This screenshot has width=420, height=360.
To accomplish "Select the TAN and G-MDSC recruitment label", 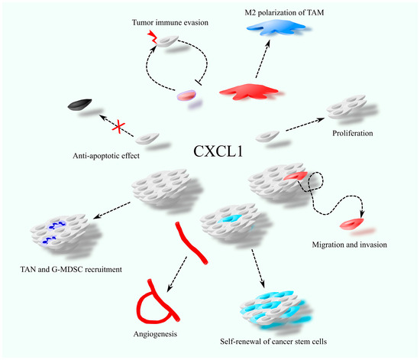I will click(71, 269).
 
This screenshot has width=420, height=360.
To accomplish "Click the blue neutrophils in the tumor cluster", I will click(53, 233).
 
